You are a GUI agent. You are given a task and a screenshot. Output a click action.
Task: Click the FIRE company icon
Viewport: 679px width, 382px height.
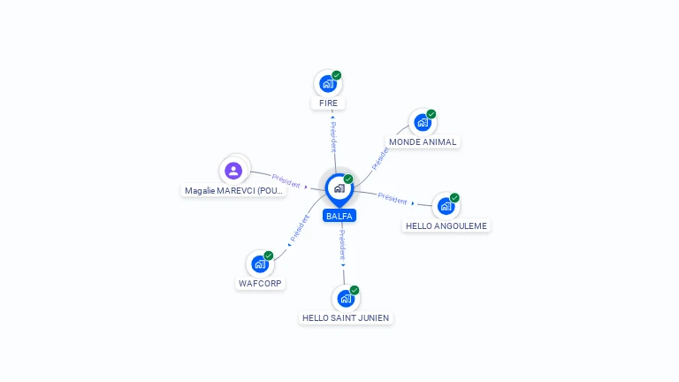328,84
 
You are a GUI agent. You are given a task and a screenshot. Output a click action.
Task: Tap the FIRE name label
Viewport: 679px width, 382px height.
328,103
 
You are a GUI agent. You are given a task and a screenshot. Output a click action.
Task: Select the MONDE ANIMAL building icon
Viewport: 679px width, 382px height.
423,123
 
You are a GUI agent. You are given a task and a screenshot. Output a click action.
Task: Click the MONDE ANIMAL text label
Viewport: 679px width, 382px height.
423,142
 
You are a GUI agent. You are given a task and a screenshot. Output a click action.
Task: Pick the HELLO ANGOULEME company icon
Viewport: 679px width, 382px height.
446,206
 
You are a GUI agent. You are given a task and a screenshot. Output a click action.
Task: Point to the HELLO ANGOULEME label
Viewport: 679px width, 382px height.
446,226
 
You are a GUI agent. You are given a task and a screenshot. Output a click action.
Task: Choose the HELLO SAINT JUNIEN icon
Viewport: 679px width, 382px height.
346,298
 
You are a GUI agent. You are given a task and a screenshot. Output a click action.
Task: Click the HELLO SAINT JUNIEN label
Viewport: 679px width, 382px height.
346,318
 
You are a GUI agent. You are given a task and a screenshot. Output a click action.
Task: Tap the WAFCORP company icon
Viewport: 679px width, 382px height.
260,264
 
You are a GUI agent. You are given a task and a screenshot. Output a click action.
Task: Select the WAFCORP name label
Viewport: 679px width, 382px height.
260,284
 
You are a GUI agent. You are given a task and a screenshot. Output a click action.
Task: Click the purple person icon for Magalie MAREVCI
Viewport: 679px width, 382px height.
233,171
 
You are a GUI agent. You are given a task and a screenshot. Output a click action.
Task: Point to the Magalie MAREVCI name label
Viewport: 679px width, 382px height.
233,191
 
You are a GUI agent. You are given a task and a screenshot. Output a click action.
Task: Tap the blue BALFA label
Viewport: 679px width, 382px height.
339,216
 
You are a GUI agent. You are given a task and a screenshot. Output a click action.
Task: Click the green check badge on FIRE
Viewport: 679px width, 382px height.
337,75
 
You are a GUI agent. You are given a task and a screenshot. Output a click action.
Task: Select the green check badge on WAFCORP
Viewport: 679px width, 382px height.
269,256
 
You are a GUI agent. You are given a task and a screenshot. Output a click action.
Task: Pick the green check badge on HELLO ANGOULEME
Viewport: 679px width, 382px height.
454,198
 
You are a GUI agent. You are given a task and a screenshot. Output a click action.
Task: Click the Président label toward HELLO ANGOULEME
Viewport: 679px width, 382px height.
393,198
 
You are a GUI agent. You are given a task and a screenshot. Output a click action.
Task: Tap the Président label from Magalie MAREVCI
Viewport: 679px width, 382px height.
286,181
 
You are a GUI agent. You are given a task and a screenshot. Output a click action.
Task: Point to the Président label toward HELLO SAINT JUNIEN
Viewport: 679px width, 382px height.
342,245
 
